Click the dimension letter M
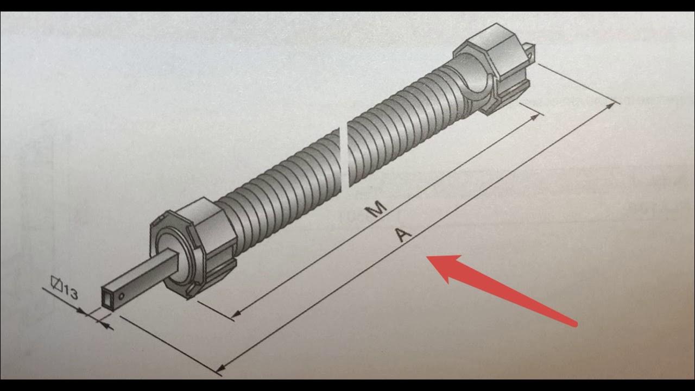tap(376, 209)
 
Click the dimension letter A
tap(402, 235)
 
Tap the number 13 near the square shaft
tap(71, 293)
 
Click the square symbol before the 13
tap(56, 283)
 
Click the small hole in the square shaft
tap(121, 296)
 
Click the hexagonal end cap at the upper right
tap(494, 69)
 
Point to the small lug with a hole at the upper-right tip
tap(528, 52)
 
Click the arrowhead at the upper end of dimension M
tap(534, 117)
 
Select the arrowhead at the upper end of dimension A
tap(610, 106)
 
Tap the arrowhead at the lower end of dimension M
tap(236, 314)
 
